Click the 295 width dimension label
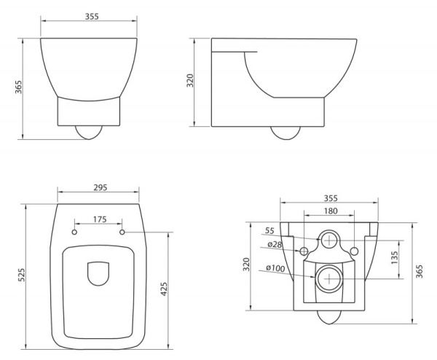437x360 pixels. click(x=101, y=187)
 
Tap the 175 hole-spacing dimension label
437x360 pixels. click(x=101, y=219)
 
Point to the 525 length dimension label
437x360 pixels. click(x=21, y=275)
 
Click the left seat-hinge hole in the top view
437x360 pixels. click(x=76, y=232)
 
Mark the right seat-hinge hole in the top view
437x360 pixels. click(x=122, y=232)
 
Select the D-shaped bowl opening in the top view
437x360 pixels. click(x=98, y=274)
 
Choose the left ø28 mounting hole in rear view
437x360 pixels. click(x=304, y=251)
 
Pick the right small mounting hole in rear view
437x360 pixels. click(x=355, y=251)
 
